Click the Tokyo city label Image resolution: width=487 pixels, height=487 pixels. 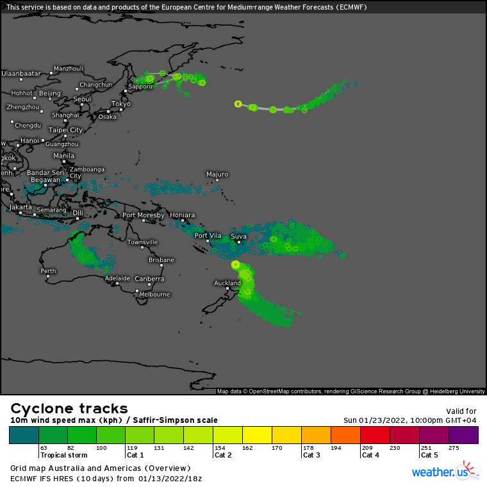[x=120, y=104]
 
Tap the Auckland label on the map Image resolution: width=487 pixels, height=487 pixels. [x=227, y=283]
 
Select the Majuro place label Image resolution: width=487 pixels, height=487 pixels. [x=217, y=174]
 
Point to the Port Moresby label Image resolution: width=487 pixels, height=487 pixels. [x=143, y=215]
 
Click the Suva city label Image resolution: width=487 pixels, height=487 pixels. [x=238, y=236]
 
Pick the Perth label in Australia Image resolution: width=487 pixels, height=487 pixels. [x=47, y=271]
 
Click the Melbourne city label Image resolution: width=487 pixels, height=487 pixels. [x=154, y=295]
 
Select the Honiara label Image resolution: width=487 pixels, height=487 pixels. [x=182, y=215]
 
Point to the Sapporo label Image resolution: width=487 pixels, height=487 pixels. [x=140, y=87]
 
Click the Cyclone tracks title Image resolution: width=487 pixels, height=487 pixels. [x=69, y=409]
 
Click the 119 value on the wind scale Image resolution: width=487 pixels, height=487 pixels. [x=131, y=448]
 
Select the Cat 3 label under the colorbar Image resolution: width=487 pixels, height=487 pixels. [x=311, y=455]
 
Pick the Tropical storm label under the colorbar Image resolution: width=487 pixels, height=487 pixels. [x=63, y=455]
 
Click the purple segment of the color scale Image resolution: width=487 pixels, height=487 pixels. [x=463, y=435]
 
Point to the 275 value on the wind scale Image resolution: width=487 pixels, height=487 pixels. [x=454, y=448]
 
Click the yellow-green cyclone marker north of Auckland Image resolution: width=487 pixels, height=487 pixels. [x=235, y=264]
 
